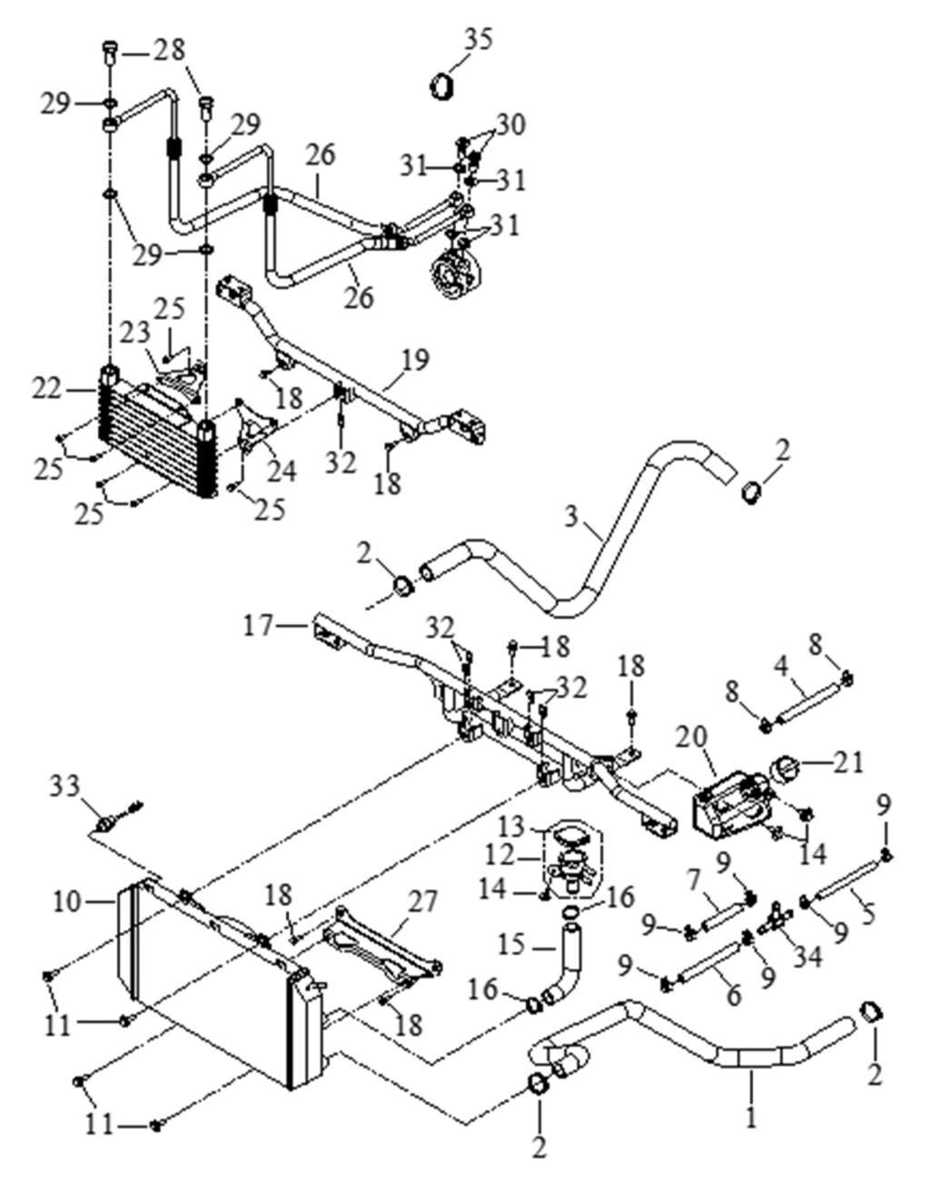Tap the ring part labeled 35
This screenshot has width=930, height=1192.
point(442,86)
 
